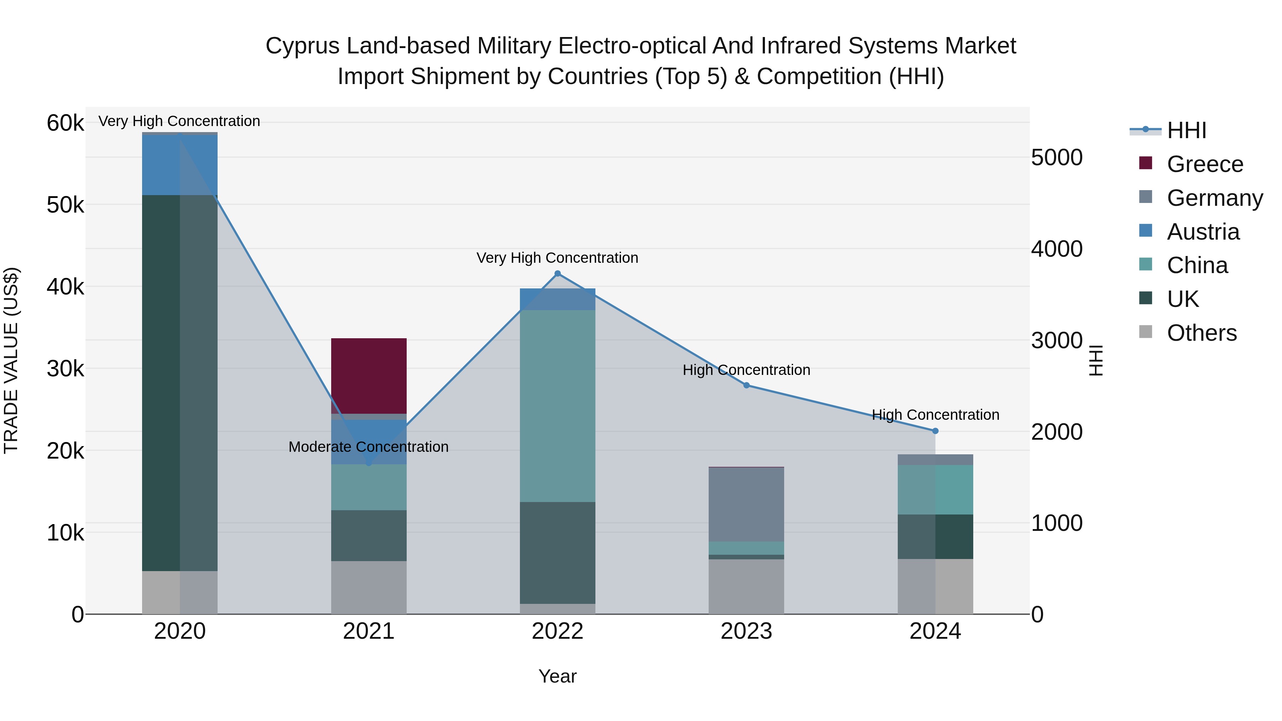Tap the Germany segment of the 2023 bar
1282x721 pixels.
(x=746, y=504)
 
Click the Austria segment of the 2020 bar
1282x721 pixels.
(x=180, y=165)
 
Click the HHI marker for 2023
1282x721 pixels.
(x=746, y=385)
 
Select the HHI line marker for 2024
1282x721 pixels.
(x=935, y=431)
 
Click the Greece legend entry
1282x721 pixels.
(x=1204, y=164)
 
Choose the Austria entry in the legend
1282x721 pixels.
(x=1203, y=232)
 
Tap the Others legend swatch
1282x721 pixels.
(x=1145, y=332)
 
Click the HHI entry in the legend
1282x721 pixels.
(x=1186, y=130)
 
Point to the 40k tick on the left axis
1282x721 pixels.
(x=65, y=287)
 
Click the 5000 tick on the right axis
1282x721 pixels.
(x=1057, y=158)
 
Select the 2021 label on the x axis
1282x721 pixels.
(x=369, y=631)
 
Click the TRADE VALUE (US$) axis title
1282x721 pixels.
(x=11, y=360)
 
